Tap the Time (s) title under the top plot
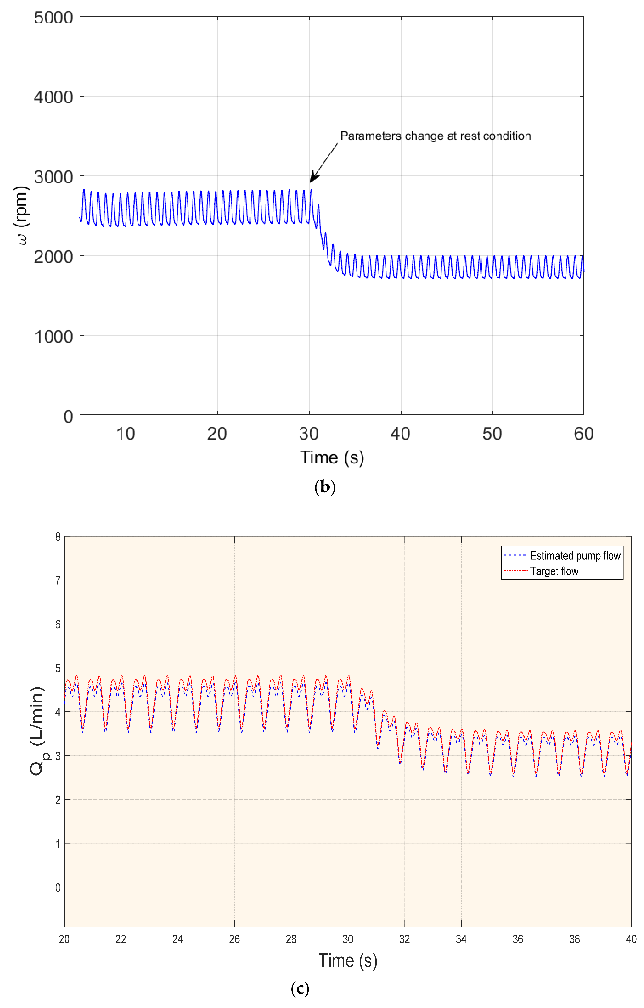[x=332, y=458]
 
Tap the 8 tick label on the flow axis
[x=58, y=537]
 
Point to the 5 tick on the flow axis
[x=58, y=668]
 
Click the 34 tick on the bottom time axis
[x=461, y=939]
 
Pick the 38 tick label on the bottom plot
[x=574, y=939]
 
